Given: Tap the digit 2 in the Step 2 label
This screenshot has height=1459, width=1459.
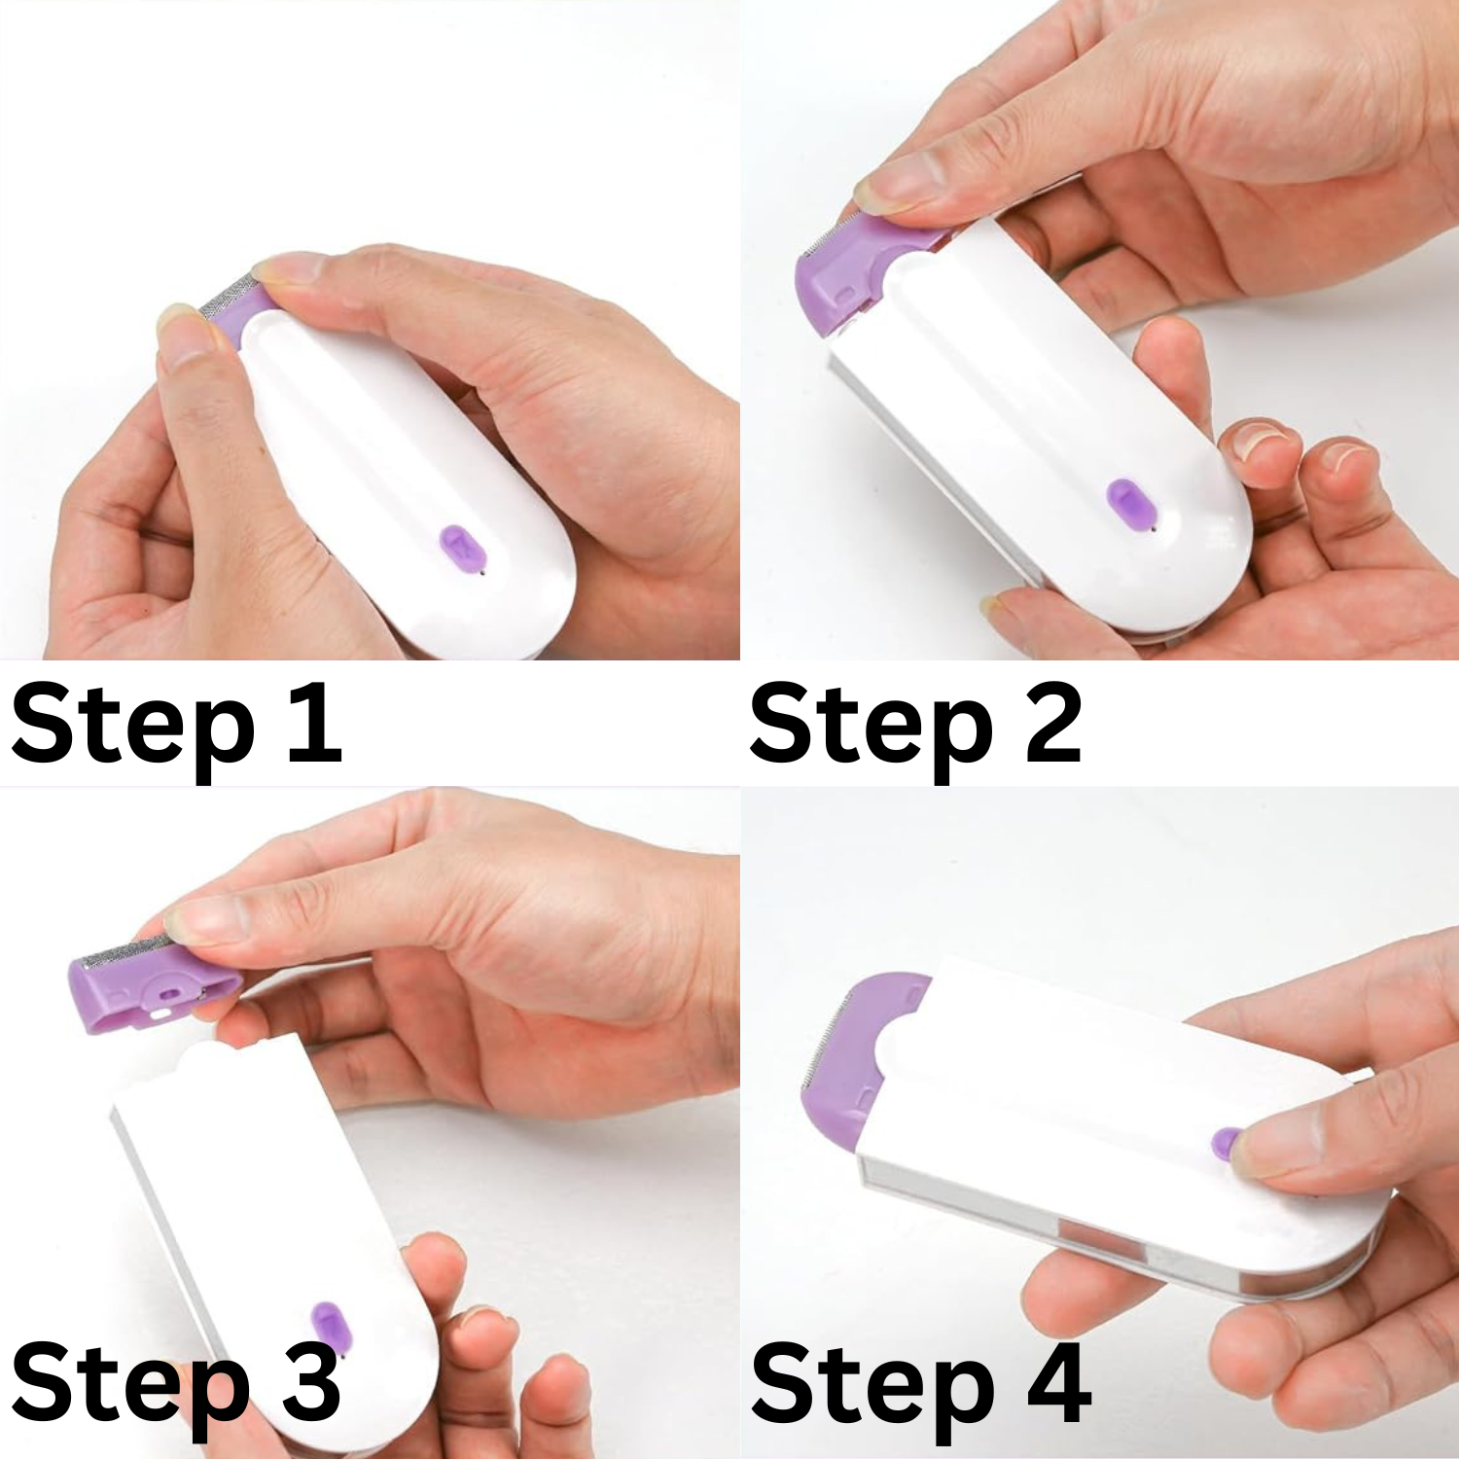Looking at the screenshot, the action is point(1053,723).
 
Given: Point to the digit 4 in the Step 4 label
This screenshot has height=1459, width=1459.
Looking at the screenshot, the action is point(1058,1382).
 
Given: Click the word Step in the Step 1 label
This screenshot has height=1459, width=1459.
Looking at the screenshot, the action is point(133,729).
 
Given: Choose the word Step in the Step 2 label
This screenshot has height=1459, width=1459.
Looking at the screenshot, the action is point(872,729).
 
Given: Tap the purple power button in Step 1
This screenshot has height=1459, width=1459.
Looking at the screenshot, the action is point(462,549).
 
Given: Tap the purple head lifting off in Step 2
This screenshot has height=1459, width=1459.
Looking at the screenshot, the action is point(856,272).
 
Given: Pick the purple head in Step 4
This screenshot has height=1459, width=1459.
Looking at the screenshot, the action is point(856,1055).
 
